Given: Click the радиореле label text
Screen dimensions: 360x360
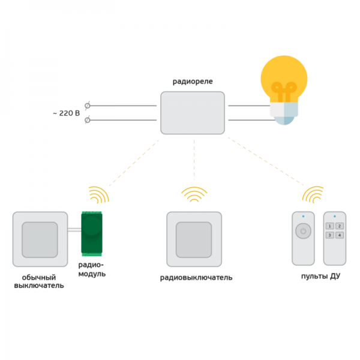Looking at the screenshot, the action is click(193, 82).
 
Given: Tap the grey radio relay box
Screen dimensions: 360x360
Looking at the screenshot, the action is click(193, 113).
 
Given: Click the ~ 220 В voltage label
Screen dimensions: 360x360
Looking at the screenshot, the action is click(67, 113).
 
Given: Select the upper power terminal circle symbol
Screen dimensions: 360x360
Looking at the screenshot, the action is click(87, 106).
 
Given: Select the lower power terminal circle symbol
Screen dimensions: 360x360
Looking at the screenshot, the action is click(87, 120).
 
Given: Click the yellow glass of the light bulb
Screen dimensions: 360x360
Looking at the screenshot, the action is click(284, 78).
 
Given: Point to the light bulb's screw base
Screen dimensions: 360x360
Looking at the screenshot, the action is click(284, 113).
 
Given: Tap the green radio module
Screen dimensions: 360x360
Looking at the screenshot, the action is click(92, 234).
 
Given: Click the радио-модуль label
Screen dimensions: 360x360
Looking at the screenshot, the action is click(92, 269).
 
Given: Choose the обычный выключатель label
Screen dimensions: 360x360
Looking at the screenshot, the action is click(39, 281).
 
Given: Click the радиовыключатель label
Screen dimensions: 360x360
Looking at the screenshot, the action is click(196, 278).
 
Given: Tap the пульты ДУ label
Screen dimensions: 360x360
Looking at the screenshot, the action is click(320, 276).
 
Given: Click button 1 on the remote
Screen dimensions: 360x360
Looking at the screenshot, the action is click(329, 226).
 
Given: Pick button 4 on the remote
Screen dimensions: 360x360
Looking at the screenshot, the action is click(340, 235).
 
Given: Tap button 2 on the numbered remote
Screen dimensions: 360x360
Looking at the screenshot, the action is click(340, 226).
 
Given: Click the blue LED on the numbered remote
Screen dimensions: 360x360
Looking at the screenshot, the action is click(335, 216).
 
